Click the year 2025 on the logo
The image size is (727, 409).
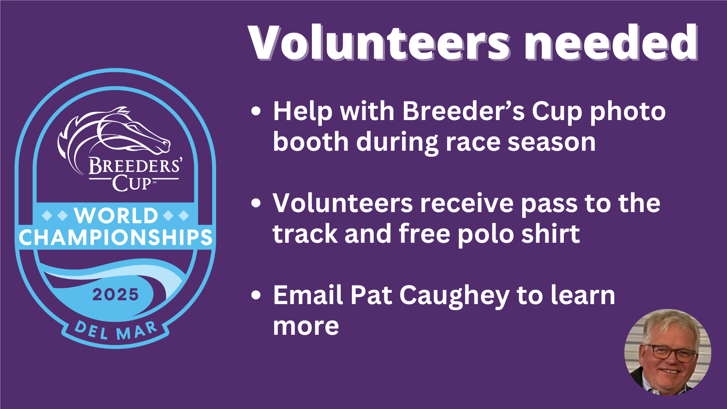tap(115, 295)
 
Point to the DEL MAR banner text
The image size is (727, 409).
tap(116, 331)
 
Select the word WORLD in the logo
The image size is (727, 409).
tap(116, 216)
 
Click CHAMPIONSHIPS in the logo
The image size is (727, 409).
tap(115, 237)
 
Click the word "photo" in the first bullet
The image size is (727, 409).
tap(628, 112)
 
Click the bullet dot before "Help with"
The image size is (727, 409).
tap(256, 111)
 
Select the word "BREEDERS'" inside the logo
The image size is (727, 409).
tap(136, 166)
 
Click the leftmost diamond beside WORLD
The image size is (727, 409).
tap(47, 216)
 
